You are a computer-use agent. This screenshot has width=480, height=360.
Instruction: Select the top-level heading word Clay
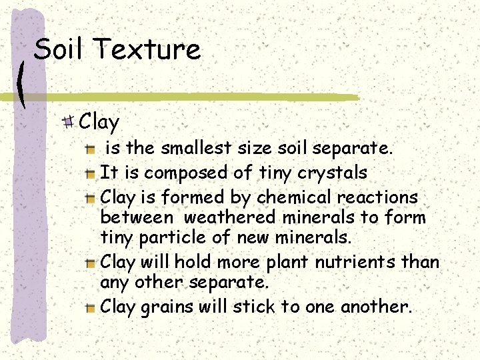point(99,122)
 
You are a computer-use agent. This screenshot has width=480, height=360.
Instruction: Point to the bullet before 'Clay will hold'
point(90,263)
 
